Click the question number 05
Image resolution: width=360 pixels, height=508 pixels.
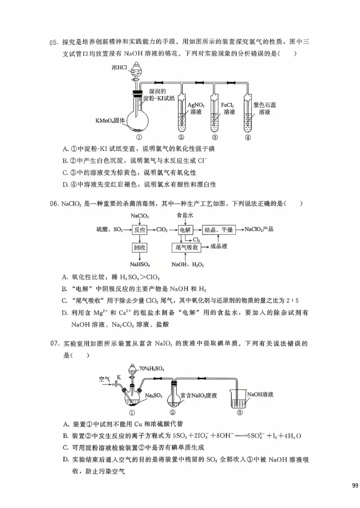(54, 43)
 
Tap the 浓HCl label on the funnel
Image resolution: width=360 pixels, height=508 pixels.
(120, 68)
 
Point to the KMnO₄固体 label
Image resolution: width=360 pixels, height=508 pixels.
(110, 120)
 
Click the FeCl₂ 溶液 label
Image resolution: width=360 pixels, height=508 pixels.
(229, 108)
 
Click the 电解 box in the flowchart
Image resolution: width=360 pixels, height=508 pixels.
(185, 229)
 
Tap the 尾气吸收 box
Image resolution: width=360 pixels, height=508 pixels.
(186, 247)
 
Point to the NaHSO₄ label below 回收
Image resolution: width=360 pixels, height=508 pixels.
(140, 264)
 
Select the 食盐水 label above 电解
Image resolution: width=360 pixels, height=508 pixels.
(185, 215)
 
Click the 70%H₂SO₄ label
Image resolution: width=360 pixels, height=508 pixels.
(152, 369)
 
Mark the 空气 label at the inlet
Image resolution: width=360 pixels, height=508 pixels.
(105, 379)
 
